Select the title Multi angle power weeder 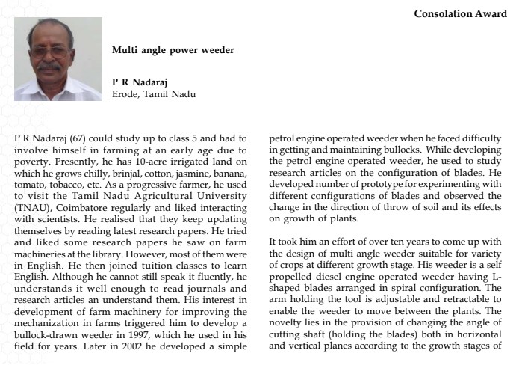(x=173, y=50)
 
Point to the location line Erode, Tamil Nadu (x=153, y=93)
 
